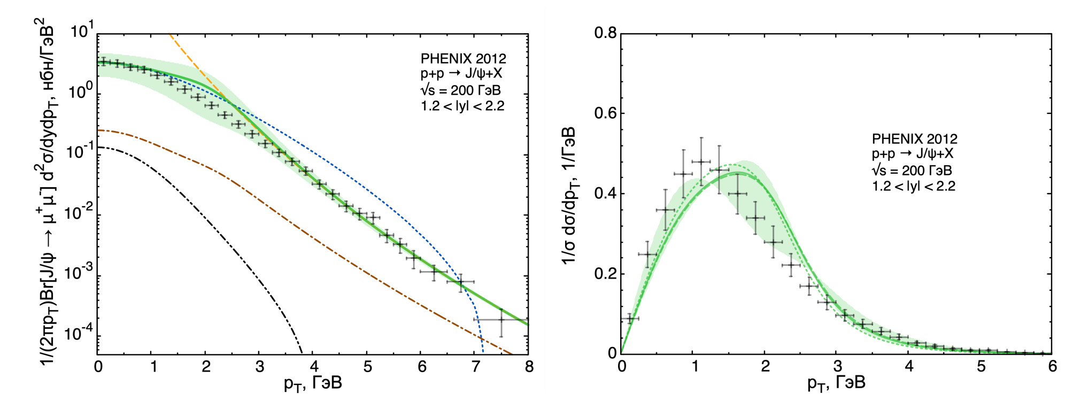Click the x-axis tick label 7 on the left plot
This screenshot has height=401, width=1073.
tap(475, 367)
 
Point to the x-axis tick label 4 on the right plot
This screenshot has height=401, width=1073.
tap(909, 367)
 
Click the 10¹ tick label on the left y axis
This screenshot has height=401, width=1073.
tap(82, 31)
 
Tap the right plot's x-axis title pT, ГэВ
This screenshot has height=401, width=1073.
tap(836, 383)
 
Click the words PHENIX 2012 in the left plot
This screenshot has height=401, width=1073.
tap(463, 58)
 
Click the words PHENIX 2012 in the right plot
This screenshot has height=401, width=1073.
tap(914, 139)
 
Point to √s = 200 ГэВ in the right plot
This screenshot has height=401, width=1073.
tap(912, 171)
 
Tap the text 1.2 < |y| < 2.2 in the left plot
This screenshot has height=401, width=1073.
tap(462, 106)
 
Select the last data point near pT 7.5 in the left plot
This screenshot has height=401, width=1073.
tap(501, 320)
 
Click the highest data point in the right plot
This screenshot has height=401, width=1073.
tap(700, 161)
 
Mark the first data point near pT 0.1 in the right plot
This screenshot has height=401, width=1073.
tap(630, 319)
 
